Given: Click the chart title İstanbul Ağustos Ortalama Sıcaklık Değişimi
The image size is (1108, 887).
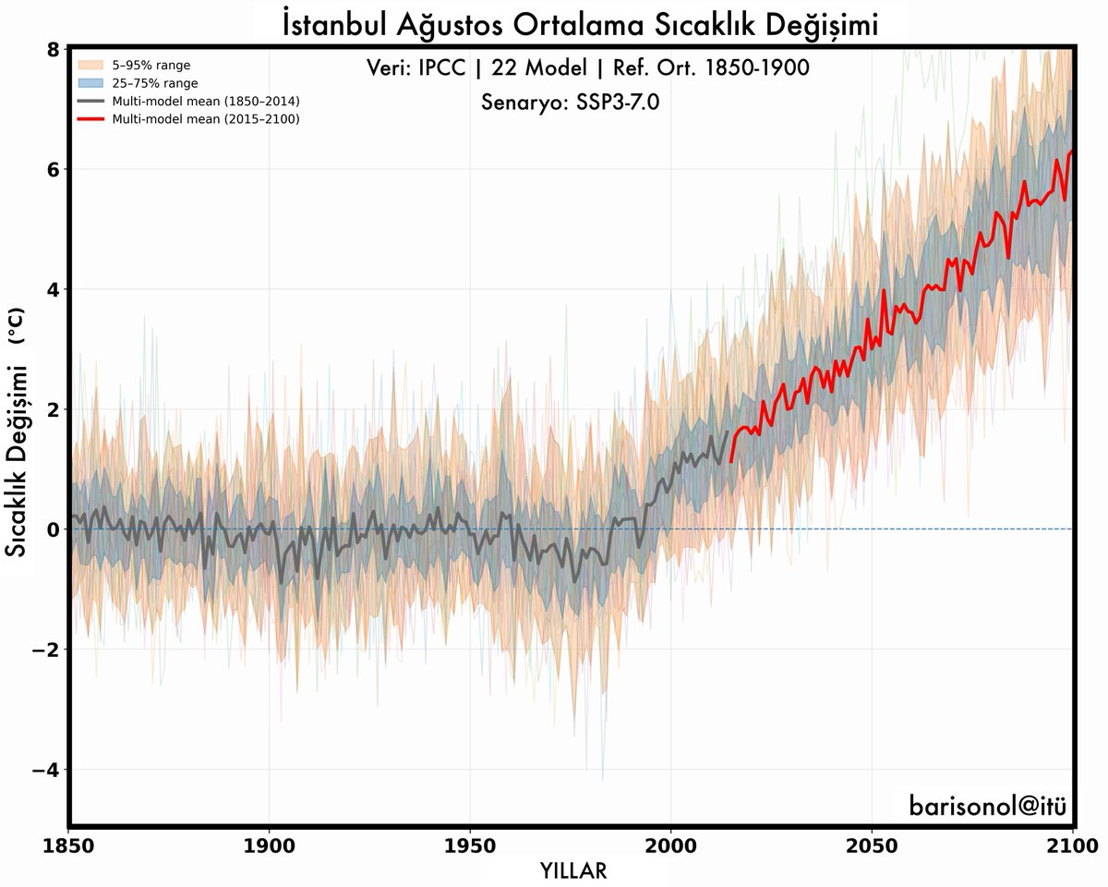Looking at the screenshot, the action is pyautogui.click(x=580, y=25).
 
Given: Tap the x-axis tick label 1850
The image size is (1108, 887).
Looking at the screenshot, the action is pyautogui.click(x=68, y=846).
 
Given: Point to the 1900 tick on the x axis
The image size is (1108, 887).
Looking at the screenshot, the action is pyautogui.click(x=269, y=846).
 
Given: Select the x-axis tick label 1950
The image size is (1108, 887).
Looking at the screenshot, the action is pyautogui.click(x=470, y=846).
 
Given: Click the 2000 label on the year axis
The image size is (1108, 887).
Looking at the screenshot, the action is pyautogui.click(x=670, y=846).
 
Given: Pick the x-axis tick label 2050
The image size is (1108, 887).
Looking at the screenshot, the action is pyautogui.click(x=871, y=846).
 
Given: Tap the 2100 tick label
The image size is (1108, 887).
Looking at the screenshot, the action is pyautogui.click(x=1073, y=846).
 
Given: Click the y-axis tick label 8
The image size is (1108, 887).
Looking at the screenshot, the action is pyautogui.click(x=54, y=50).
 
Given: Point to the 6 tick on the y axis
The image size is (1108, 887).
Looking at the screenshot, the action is pyautogui.click(x=54, y=170).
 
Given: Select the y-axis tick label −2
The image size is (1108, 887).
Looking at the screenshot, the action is pyautogui.click(x=45, y=650).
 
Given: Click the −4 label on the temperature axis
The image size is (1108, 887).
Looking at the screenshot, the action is pyautogui.click(x=45, y=770).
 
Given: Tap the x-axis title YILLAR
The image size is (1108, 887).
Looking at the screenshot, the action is pyautogui.click(x=573, y=870).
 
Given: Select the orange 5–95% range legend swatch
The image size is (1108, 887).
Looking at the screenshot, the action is pyautogui.click(x=90, y=65).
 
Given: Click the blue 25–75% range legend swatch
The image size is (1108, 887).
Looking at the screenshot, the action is pyautogui.click(x=90, y=83).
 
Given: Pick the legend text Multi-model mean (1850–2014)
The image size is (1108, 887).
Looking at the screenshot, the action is pyautogui.click(x=206, y=101).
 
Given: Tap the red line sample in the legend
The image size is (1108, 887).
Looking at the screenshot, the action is pyautogui.click(x=90, y=119).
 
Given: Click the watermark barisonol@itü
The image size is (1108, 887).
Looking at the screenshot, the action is pyautogui.click(x=987, y=805).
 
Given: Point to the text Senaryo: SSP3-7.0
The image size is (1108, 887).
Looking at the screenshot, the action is pyautogui.click(x=570, y=102).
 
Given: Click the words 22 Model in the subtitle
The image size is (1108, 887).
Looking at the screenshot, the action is pyautogui.click(x=539, y=67).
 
